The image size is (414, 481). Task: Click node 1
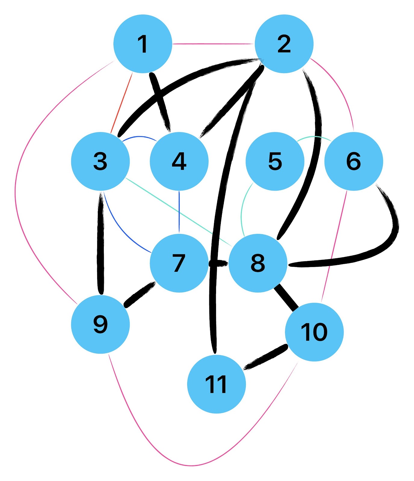tap(143, 44)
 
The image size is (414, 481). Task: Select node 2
tap(284, 44)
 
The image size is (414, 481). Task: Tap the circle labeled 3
tap(100, 161)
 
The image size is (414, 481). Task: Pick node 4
tap(179, 161)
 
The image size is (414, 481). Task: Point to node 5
tap(275, 161)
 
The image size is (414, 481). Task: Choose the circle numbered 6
tap(354, 161)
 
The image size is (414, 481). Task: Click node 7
tap(179, 263)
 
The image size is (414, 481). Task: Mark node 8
tap(258, 263)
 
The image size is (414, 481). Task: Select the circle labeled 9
tap(100, 324)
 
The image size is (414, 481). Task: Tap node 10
tap(314, 332)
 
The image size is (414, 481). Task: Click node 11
tap(216, 384)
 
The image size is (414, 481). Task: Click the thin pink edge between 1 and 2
tap(213, 44)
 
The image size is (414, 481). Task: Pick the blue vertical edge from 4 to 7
tap(179, 212)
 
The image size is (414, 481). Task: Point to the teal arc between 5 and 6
tap(314, 137)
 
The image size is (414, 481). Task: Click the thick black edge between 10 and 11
tap(265, 357)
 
